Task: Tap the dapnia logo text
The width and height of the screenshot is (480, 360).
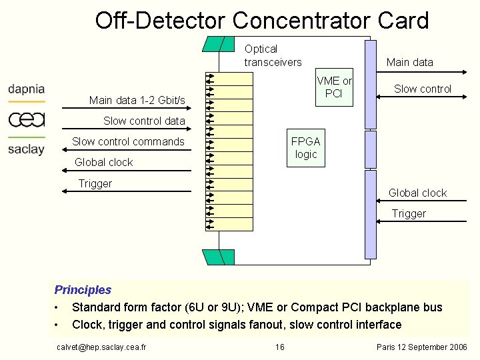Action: (x=27, y=89)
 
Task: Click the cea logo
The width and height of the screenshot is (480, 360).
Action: (x=27, y=119)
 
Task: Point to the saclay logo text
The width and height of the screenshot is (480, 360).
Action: (x=26, y=149)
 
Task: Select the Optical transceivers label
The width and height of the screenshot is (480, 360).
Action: (x=272, y=55)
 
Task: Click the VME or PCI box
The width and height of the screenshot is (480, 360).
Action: (x=334, y=87)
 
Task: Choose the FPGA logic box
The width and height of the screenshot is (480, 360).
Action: (x=305, y=147)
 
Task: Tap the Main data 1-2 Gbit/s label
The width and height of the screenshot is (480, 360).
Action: (x=137, y=101)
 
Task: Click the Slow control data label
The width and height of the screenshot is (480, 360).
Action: (x=144, y=121)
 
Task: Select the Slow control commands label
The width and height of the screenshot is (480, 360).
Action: (x=128, y=141)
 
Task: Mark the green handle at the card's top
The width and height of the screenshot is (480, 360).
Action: (x=219, y=43)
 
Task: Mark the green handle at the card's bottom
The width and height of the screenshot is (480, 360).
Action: (x=219, y=257)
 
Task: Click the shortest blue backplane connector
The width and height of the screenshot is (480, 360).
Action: (x=370, y=149)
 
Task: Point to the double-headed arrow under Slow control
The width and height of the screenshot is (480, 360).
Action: (x=423, y=97)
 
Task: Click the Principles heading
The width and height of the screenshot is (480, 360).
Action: (x=83, y=290)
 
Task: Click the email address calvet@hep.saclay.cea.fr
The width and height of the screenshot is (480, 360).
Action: (x=102, y=347)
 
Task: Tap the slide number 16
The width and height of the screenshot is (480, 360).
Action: (x=280, y=347)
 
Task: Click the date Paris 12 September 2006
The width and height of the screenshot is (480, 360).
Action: (x=421, y=347)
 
